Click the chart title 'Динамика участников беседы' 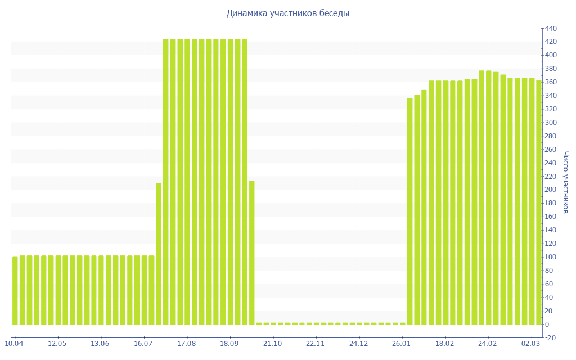287,13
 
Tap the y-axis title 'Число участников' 566,182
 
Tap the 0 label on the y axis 547,325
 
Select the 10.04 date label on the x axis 14,344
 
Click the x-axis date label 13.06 100,344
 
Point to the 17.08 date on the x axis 186,344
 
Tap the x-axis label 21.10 272,344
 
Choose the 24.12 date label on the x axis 358,344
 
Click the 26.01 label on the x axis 402,344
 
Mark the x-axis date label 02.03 531,344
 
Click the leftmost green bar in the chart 15,290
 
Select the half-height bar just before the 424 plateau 159,254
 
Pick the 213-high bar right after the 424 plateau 252,253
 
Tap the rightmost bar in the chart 539,202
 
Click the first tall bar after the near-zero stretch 410,211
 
